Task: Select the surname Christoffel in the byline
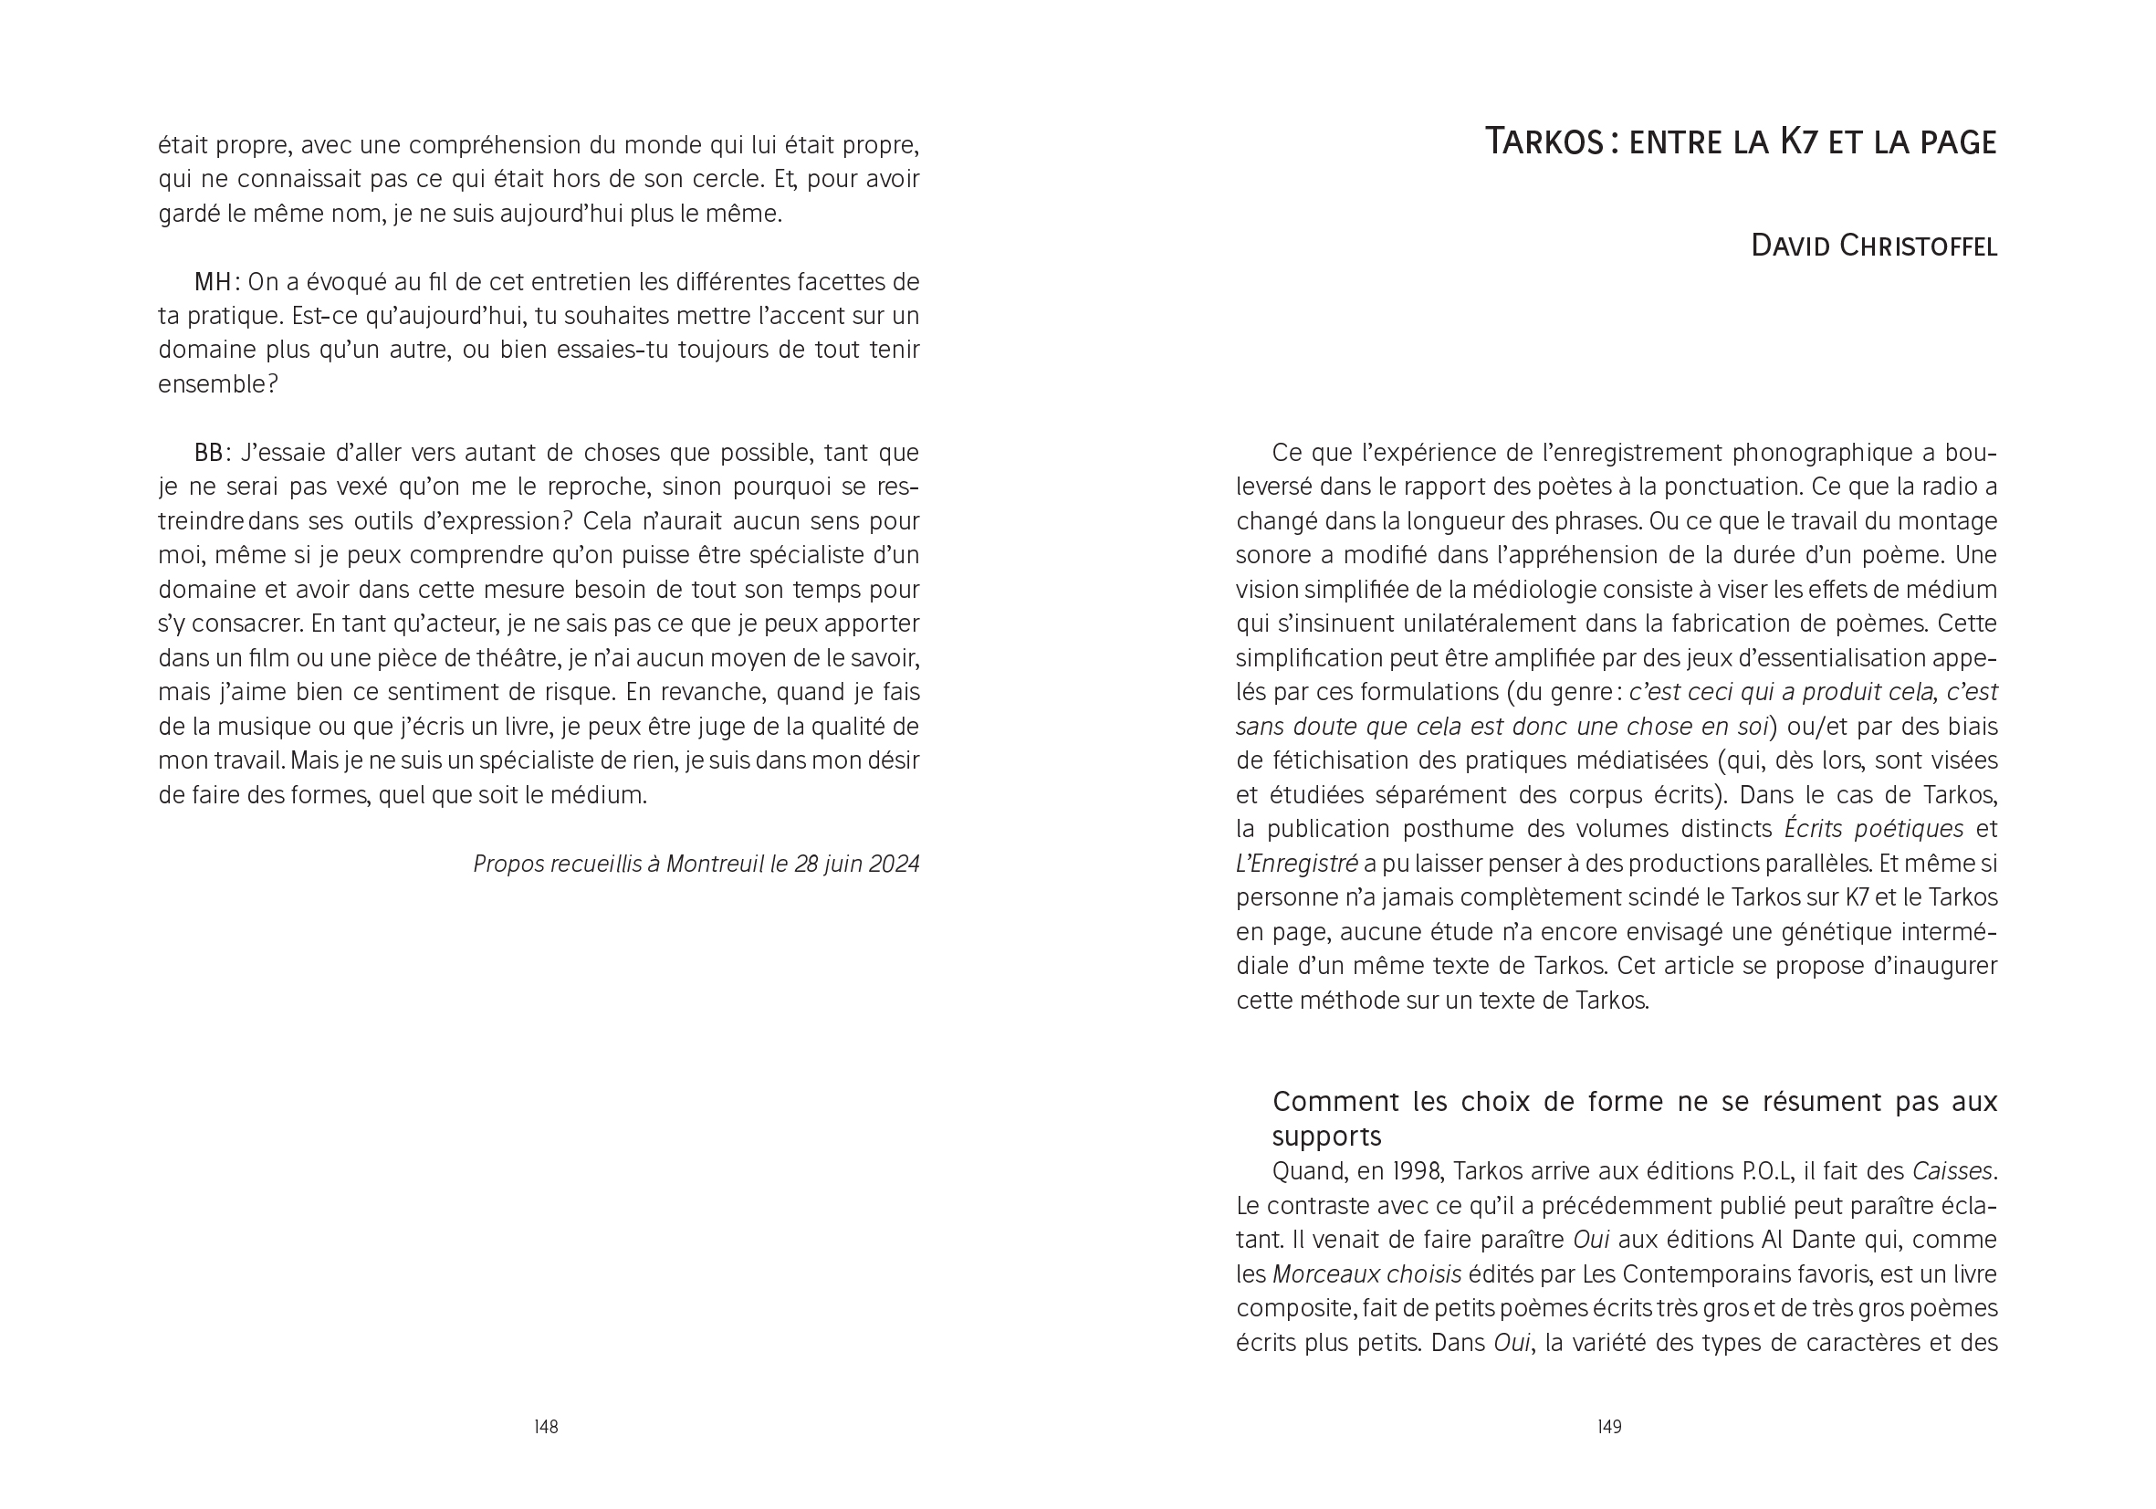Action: (x=1918, y=246)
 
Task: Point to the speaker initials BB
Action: (x=208, y=453)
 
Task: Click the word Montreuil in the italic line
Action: (x=715, y=864)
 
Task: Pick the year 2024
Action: (x=893, y=864)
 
